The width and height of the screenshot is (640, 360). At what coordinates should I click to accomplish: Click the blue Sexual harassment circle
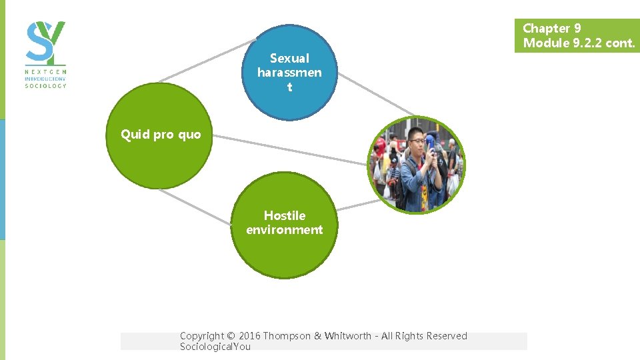289,72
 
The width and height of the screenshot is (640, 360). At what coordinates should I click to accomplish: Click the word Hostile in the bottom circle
285,215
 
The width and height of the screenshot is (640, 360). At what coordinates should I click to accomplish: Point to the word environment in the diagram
284,230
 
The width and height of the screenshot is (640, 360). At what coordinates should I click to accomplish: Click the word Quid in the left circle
135,135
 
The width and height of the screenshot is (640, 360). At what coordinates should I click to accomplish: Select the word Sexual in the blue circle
289,58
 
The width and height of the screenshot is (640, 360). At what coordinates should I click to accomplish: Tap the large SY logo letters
45,41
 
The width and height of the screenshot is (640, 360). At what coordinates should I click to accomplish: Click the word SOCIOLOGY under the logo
45,85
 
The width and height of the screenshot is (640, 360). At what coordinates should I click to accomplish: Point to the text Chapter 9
551,28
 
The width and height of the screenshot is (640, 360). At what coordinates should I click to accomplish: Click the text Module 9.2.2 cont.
579,43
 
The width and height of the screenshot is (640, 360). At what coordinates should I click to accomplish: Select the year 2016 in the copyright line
249,336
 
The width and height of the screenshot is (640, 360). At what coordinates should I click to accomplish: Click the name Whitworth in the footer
348,336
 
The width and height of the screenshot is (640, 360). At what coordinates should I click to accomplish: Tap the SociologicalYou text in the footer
215,347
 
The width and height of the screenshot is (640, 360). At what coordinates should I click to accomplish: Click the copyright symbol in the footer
231,336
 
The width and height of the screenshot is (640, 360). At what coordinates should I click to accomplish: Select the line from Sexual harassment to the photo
377,93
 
